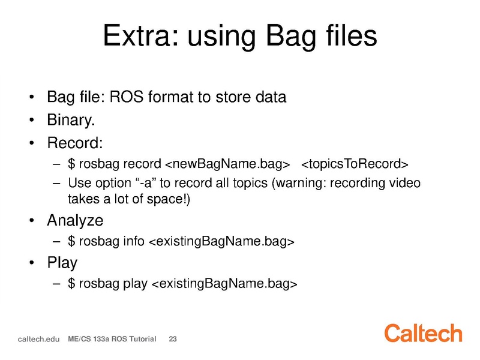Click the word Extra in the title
pyautogui.click(x=140, y=35)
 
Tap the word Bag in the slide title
pyautogui.click(x=290, y=37)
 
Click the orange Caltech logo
pyautogui.click(x=423, y=333)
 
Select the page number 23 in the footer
pyautogui.click(x=173, y=339)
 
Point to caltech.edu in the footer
pyautogui.click(x=38, y=339)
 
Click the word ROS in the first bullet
pyautogui.click(x=127, y=97)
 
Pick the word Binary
pyautogui.click(x=71, y=120)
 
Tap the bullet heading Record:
pyautogui.click(x=75, y=143)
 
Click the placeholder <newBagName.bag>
pyautogui.click(x=227, y=164)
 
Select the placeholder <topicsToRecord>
pyautogui.click(x=355, y=164)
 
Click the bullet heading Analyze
pyautogui.click(x=75, y=221)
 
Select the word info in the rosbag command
pyautogui.click(x=134, y=241)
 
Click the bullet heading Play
pyautogui.click(x=62, y=263)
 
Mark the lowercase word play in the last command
pyautogui.click(x=135, y=284)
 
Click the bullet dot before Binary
pyautogui.click(x=32, y=120)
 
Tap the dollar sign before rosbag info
pyautogui.click(x=71, y=241)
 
